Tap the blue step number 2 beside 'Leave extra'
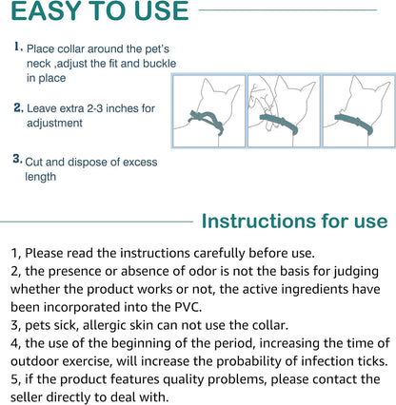coord(19,107)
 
